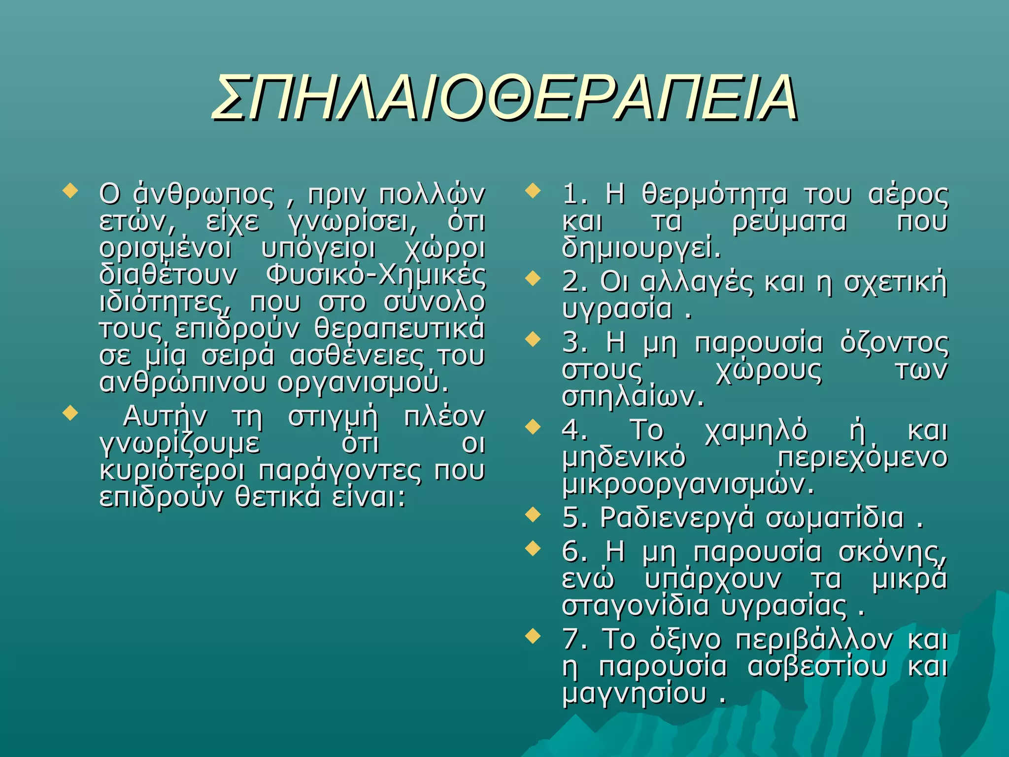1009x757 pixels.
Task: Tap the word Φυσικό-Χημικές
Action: click(375, 275)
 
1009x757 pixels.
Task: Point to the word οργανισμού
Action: click(364, 382)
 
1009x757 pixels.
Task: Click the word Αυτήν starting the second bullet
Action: click(165, 416)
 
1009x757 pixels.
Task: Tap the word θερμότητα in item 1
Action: click(714, 194)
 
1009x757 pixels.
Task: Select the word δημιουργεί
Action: click(640, 248)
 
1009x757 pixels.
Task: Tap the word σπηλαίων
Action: click(633, 397)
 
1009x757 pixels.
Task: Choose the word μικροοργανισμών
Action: click(687, 485)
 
